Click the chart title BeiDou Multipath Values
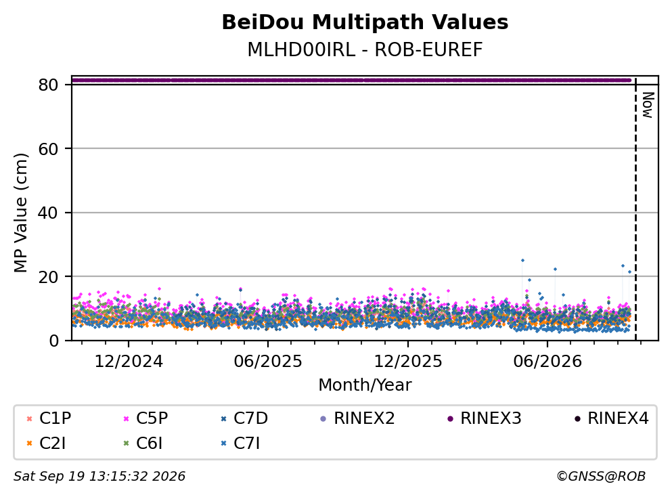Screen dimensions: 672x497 pos(365,22)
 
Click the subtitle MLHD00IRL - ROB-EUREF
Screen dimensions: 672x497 pos(365,49)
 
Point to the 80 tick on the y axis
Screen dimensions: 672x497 pos(48,85)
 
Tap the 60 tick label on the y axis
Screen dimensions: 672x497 pos(48,149)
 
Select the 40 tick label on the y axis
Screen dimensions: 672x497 pos(48,213)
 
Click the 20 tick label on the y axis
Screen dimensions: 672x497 pos(48,276)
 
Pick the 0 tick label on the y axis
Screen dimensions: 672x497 pos(53,341)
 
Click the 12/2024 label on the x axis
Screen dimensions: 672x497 pos(129,362)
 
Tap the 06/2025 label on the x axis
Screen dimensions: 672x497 pos(268,362)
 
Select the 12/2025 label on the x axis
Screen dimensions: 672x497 pos(408,362)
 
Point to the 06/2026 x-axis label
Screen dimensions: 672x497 pos(547,362)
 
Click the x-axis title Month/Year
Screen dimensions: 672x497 pos(365,385)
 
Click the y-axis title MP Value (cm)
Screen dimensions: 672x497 pos(20,213)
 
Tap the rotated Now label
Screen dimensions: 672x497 pos(648,105)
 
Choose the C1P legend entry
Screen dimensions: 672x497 pos(49,418)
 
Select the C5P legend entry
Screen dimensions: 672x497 pos(145,418)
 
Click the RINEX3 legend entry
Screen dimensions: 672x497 pos(485,418)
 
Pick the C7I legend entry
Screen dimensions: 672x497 pos(240,444)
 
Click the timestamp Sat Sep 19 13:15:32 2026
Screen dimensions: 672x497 pos(99,476)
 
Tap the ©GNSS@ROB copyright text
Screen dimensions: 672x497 pos(601,476)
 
